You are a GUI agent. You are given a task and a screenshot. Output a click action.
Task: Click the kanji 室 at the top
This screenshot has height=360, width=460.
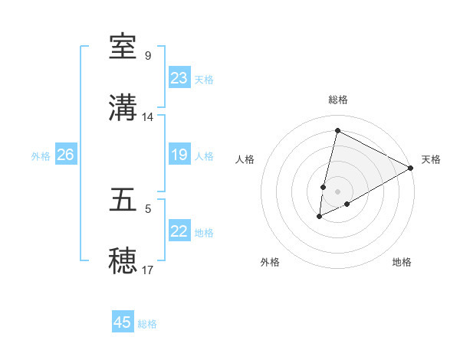[x=123, y=47]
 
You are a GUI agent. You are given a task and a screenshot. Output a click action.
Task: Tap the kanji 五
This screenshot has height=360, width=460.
[x=123, y=201]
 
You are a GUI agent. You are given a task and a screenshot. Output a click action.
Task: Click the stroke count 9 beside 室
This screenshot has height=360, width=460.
[x=148, y=56]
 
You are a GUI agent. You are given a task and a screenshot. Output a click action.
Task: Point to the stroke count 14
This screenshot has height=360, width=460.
[x=148, y=117]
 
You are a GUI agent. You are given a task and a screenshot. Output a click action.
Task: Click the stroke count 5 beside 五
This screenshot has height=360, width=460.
[x=148, y=208]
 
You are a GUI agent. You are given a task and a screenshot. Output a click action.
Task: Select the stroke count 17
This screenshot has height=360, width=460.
[x=148, y=270]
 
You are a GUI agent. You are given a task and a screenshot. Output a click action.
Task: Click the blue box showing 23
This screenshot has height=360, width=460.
[x=179, y=78]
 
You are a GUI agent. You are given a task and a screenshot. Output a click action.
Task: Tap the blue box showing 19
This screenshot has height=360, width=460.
[x=179, y=155]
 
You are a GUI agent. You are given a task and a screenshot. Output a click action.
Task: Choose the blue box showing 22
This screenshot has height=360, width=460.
[x=179, y=231]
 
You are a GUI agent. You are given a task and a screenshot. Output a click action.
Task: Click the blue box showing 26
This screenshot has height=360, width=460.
[x=65, y=155]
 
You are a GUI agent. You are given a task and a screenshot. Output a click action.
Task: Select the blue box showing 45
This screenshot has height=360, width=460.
[x=122, y=322]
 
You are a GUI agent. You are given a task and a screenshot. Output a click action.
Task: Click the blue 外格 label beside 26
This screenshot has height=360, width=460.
[x=41, y=156]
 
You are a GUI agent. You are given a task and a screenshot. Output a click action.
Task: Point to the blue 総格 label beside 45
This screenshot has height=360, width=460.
[x=147, y=324]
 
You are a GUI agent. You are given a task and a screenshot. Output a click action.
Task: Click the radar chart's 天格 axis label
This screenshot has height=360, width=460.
[x=431, y=159]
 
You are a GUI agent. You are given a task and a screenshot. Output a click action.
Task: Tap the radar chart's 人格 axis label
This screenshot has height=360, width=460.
[x=245, y=159]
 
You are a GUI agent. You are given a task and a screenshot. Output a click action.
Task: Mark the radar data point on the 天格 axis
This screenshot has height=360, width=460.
[x=411, y=168]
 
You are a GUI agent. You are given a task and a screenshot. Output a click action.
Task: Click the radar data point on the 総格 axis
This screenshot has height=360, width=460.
[x=337, y=130]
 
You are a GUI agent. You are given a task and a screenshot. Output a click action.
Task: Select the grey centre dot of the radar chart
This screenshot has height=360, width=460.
[x=337, y=191]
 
